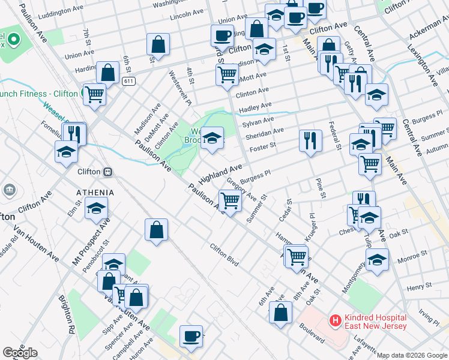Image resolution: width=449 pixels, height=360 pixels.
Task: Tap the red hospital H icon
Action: click(334, 321)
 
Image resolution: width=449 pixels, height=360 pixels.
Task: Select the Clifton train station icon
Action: click(108, 171)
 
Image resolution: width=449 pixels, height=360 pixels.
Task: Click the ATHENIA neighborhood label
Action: click(95, 192)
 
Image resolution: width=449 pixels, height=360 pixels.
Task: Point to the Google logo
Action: click(20, 353)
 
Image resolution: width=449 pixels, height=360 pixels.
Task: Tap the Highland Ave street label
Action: click(220, 174)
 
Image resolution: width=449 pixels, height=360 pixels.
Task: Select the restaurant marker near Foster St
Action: click(310, 140)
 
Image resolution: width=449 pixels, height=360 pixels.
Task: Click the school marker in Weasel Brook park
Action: click(211, 138)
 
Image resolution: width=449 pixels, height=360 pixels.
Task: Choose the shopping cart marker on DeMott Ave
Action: click(227, 74)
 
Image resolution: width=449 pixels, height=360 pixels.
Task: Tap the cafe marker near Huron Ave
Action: click(191, 335)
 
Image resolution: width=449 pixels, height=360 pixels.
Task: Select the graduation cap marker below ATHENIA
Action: click(95, 209)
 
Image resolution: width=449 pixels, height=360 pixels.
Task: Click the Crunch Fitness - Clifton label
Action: click(39, 94)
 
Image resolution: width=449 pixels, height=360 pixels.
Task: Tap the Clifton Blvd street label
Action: click(224, 254)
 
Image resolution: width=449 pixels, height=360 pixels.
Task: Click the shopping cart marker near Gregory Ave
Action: click(230, 200)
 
